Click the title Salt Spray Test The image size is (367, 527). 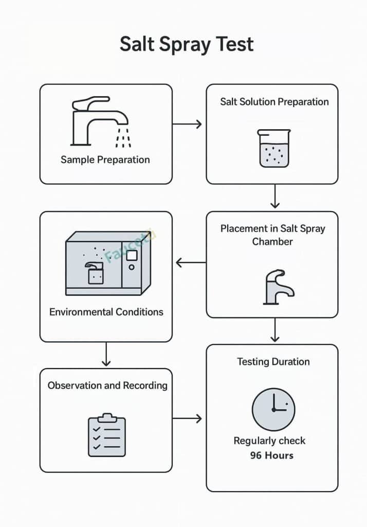(x=187, y=44)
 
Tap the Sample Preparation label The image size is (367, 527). (x=105, y=160)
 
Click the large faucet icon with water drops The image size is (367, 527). (x=100, y=120)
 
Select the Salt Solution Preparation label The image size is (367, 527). (x=274, y=101)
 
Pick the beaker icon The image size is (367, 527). (x=273, y=148)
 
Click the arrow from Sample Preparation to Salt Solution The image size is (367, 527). (x=187, y=124)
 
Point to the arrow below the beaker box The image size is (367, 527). (x=275, y=196)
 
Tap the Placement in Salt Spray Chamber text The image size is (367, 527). (x=272, y=235)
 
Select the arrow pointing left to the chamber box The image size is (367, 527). (x=190, y=263)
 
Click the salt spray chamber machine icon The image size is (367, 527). (x=108, y=263)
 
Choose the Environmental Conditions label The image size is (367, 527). (x=106, y=312)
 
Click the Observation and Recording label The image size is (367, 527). (x=107, y=385)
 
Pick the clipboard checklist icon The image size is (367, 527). (x=107, y=435)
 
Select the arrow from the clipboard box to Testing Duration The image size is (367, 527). (x=187, y=418)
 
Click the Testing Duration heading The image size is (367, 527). (x=273, y=362)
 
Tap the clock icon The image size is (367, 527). (x=273, y=409)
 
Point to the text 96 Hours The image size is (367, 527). (x=272, y=455)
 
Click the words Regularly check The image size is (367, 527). (x=269, y=441)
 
